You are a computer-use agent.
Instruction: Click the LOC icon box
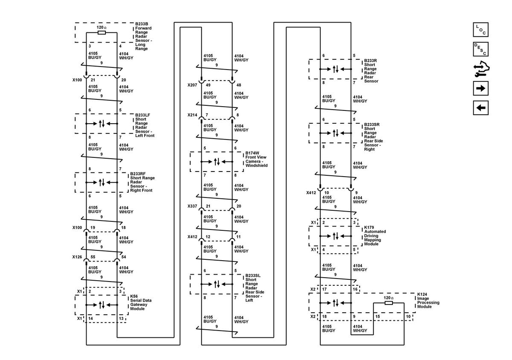pos(480,29)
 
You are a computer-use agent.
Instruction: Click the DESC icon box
pos(480,49)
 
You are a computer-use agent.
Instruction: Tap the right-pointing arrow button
pos(480,88)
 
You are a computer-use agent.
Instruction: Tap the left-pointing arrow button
pos(480,107)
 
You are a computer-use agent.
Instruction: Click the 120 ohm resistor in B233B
pos(102,33)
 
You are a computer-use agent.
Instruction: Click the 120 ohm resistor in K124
pos(389,303)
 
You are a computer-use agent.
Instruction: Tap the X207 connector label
pos(192,85)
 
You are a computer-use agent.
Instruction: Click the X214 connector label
pos(192,115)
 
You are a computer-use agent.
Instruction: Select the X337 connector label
pos(192,206)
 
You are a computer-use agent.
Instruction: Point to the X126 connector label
pos(77,257)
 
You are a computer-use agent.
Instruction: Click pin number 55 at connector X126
pos(93,257)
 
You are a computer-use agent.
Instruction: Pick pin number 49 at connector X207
pos(208,85)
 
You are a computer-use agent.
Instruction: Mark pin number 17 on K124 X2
pos(324,289)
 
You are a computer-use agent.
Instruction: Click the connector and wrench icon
pos(481,69)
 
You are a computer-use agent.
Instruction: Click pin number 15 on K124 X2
pos(378,316)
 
